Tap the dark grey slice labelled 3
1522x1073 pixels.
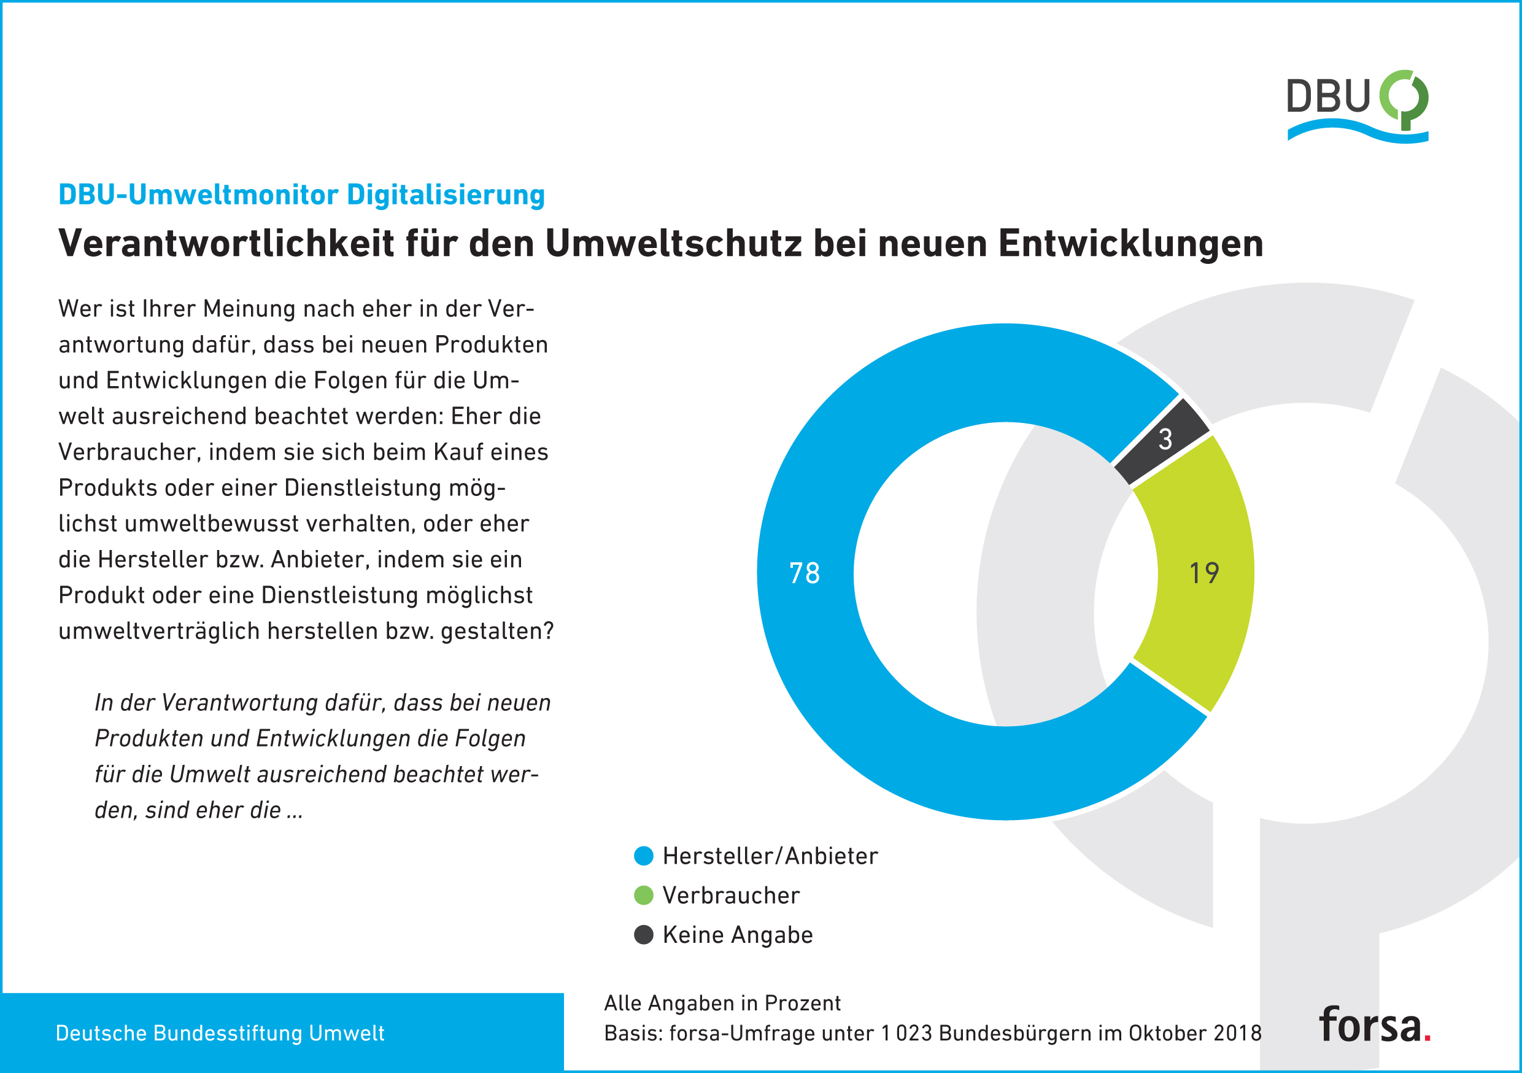[x=1164, y=441]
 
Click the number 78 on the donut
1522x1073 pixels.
[x=804, y=573]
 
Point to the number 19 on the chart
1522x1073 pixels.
[x=1204, y=573]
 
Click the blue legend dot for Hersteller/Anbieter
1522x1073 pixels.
[x=644, y=856]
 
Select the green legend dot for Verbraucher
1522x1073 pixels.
[x=644, y=895]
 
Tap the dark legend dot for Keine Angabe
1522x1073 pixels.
[x=644, y=935]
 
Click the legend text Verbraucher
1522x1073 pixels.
[x=730, y=895]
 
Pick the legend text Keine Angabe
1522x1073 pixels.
[x=737, y=935]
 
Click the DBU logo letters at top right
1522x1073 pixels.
[x=1328, y=97]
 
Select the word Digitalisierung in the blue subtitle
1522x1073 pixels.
[x=446, y=195]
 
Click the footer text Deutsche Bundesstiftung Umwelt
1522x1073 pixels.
[x=220, y=1033]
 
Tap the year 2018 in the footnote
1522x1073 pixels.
[x=1238, y=1033]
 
